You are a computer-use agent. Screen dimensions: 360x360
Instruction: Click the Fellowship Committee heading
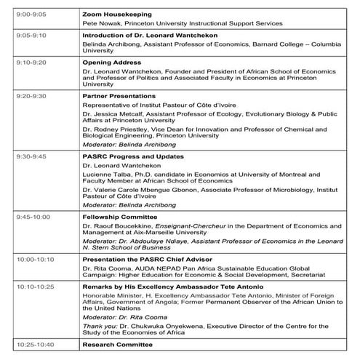(x=118, y=217)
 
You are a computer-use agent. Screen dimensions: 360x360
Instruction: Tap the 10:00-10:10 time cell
(x=30, y=258)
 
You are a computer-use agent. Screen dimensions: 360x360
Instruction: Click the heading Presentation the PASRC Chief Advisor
(x=148, y=258)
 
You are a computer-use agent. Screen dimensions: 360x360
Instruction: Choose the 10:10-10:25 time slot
(x=30, y=287)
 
